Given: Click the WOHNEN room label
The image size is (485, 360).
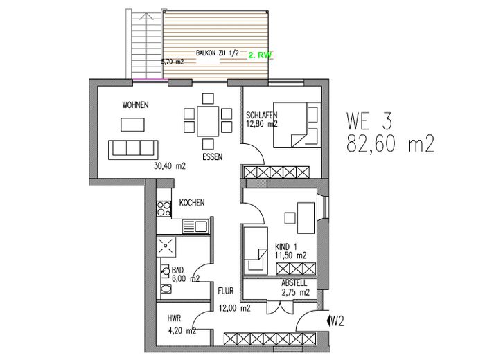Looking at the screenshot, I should coord(136,105).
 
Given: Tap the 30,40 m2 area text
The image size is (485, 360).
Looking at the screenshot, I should coord(170,166).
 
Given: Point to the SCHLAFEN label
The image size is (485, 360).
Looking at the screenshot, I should coord(262,115).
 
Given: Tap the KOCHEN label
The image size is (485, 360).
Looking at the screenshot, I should coord(191,204).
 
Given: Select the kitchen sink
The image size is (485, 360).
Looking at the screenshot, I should coord(197,226).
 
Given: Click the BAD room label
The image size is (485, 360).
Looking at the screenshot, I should coord(178,270).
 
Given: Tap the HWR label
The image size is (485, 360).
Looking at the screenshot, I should coord(174,318).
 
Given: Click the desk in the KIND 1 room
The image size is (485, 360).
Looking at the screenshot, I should coord(305,215).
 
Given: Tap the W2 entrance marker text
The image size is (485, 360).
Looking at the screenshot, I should coord(337,321).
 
